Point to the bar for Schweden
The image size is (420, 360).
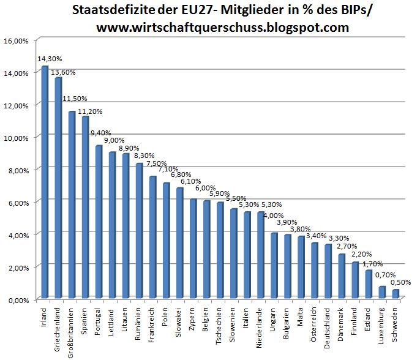395,294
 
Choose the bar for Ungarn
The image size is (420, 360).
274,266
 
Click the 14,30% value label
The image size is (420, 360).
50,59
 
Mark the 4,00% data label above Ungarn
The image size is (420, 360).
273,216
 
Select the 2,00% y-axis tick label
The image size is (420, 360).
17,268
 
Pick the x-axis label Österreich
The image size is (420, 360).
315,323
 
